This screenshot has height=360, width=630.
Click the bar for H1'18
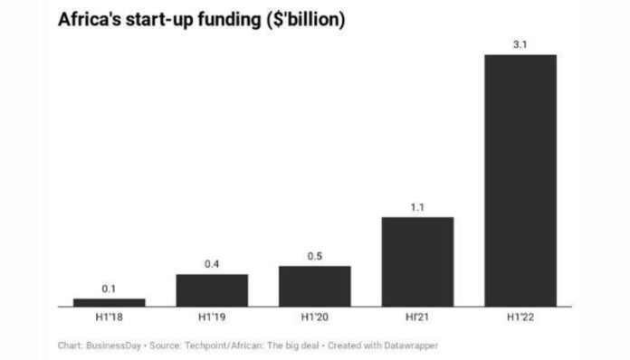click(x=109, y=302)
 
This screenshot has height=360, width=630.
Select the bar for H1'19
click(x=212, y=289)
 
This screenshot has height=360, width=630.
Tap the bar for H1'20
click(x=314, y=286)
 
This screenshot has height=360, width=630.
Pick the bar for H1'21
click(x=417, y=261)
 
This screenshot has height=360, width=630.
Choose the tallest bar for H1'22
click(x=520, y=180)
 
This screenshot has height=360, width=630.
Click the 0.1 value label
click(x=109, y=289)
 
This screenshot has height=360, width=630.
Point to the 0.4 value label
click(x=212, y=264)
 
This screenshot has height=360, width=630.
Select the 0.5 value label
click(x=314, y=256)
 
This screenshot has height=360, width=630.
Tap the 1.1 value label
click(x=417, y=207)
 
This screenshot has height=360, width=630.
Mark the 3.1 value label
click(x=520, y=44)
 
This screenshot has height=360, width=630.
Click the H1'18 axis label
click(x=109, y=318)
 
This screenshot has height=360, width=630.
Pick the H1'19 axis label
click(x=212, y=318)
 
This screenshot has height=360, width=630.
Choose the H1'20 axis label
click(x=314, y=318)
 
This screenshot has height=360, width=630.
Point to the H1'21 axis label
click(x=417, y=318)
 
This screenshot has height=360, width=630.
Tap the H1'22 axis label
click(x=520, y=318)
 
